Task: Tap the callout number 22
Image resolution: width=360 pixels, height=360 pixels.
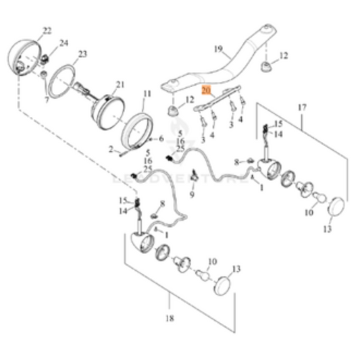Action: pos(47,30)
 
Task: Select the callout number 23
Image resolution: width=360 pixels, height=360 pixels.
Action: pos(83,53)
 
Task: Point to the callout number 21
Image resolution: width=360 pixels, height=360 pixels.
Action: pos(120,84)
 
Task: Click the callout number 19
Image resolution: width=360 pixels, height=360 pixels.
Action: pos(218,49)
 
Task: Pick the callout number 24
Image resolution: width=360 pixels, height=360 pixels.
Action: pos(64,43)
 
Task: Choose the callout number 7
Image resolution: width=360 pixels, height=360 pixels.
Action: pos(47,99)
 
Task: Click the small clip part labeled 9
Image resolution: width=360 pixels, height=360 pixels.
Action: pos(192,177)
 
